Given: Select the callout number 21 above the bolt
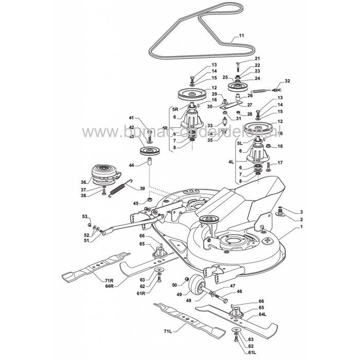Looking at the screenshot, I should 257,59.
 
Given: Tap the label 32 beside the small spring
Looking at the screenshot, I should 287,82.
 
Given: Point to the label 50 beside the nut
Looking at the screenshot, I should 174,285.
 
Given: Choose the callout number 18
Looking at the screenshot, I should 280,147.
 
